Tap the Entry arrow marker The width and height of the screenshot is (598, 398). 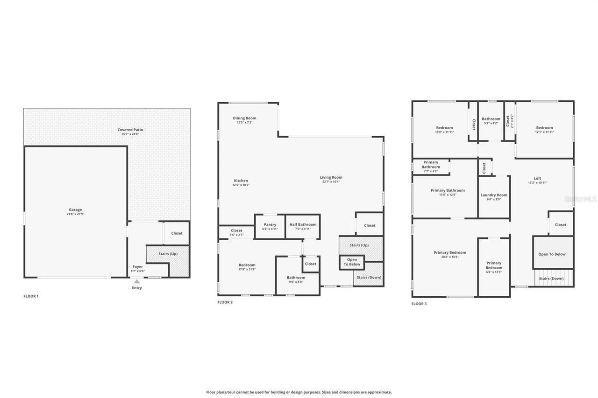[x=136, y=281]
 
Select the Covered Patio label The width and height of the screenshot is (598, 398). [x=130, y=132]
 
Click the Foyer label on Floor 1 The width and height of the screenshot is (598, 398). [x=137, y=268]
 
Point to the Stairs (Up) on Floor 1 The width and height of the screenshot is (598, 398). [x=168, y=254]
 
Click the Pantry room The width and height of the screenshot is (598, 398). [x=270, y=226]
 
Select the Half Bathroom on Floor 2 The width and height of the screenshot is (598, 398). [x=303, y=226]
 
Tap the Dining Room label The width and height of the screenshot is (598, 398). [x=244, y=120]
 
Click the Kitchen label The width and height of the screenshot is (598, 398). [x=241, y=182]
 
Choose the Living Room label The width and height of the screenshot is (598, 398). [x=331, y=179]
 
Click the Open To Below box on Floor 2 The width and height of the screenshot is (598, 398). [x=352, y=262]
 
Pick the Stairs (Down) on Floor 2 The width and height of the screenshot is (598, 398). [x=369, y=277]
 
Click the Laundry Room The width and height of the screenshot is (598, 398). [x=494, y=197]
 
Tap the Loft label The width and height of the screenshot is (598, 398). [x=537, y=180]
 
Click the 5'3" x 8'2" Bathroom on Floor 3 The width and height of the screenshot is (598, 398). [x=491, y=121]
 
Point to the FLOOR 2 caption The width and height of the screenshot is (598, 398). [x=225, y=302]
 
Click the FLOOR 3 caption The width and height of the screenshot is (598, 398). [x=419, y=304]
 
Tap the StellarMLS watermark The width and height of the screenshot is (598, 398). [x=580, y=199]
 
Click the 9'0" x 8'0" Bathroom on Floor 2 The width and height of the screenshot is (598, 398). [x=296, y=279]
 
